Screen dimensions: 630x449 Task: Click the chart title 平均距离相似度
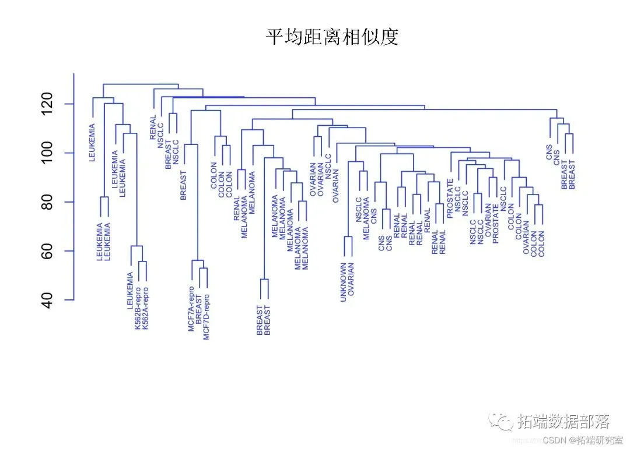coord(332,38)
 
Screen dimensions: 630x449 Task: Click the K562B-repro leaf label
coord(138,309)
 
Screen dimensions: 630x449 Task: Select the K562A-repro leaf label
coord(146,309)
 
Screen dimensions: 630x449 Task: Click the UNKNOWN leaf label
coord(344,282)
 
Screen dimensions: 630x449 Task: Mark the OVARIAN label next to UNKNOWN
coord(351,280)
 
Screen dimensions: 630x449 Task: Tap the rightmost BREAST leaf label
coord(572,175)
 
